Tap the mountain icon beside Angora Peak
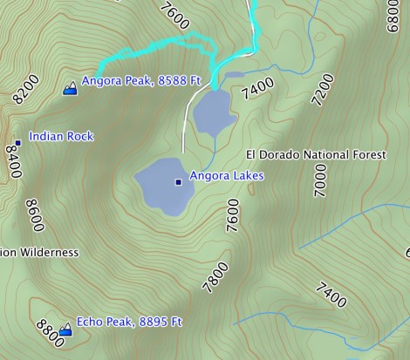click(x=70, y=86)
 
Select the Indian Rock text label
click(x=61, y=137)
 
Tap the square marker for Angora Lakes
click(x=179, y=182)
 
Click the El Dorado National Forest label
click(x=315, y=155)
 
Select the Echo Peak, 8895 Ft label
click(x=129, y=322)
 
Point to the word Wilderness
click(x=48, y=253)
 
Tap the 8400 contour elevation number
click(x=13, y=162)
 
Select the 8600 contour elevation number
click(x=35, y=215)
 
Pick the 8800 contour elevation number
click(x=51, y=331)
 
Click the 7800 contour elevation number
click(x=215, y=277)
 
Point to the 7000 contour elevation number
click(x=320, y=184)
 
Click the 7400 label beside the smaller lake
click(x=259, y=88)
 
